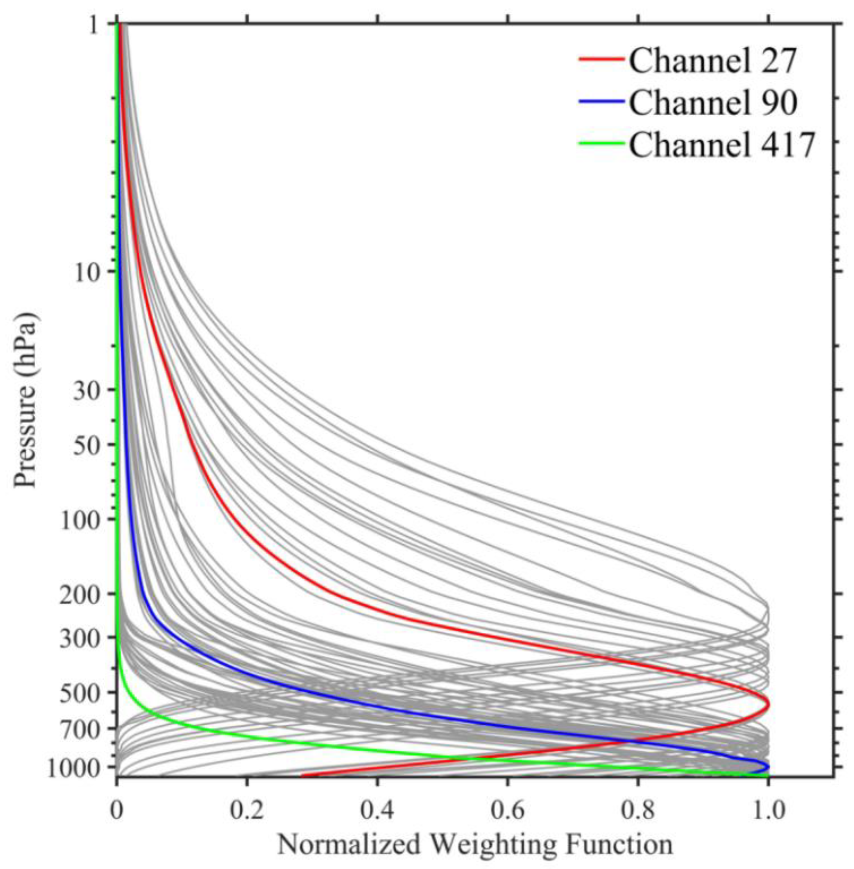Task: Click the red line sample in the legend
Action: pyautogui.click(x=601, y=59)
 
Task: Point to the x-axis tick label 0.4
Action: pyautogui.click(x=377, y=799)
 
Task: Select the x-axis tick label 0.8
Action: pyautogui.click(x=637, y=799)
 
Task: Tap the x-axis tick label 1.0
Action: pyautogui.click(x=768, y=799)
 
